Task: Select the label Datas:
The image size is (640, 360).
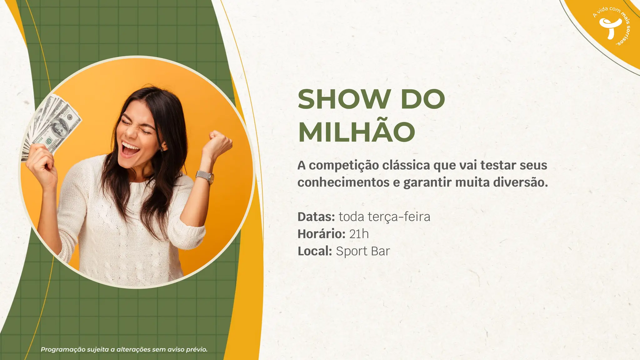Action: coord(316,217)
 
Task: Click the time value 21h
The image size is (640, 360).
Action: coord(359,234)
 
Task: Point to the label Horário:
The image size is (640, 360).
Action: coord(321,234)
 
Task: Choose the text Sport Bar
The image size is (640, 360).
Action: coord(363,251)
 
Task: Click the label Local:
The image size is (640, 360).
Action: coord(314,251)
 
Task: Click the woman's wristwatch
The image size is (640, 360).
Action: coord(206,177)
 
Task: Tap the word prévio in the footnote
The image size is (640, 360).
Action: coord(197,349)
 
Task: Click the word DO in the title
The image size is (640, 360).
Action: coord(422,99)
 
